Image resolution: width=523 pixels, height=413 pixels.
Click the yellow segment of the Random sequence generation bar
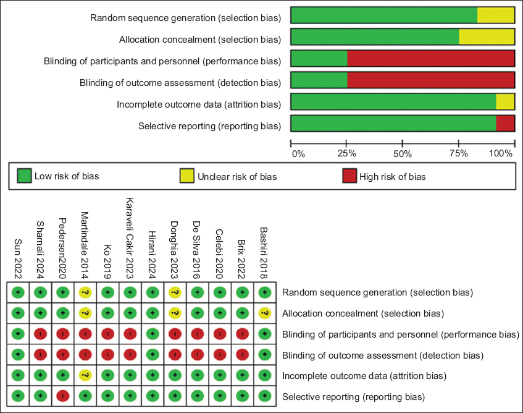pyautogui.click(x=495, y=15)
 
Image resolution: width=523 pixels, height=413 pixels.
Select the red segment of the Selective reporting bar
pyautogui.click(x=505, y=123)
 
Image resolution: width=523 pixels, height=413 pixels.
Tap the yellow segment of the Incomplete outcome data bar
pyautogui.click(x=505, y=101)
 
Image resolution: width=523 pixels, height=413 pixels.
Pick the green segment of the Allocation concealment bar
pyautogui.click(x=374, y=36)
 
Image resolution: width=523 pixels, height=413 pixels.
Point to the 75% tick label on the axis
pyautogui.click(x=458, y=153)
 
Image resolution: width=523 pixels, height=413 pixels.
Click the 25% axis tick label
pyautogui.click(x=347, y=153)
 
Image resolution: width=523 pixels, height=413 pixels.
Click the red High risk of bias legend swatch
pyautogui.click(x=349, y=176)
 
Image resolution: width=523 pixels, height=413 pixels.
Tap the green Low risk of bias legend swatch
pyautogui.click(x=24, y=176)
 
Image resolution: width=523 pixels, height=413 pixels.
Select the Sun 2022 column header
pyautogui.click(x=19, y=260)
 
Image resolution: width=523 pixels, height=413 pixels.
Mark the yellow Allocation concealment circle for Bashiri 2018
pyautogui.click(x=264, y=313)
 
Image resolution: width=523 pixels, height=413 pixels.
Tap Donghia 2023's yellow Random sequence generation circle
pyautogui.click(x=174, y=292)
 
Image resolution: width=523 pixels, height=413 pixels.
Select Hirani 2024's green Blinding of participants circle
pyautogui.click(x=152, y=334)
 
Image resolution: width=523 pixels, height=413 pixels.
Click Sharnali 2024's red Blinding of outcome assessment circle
pyautogui.click(x=40, y=354)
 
